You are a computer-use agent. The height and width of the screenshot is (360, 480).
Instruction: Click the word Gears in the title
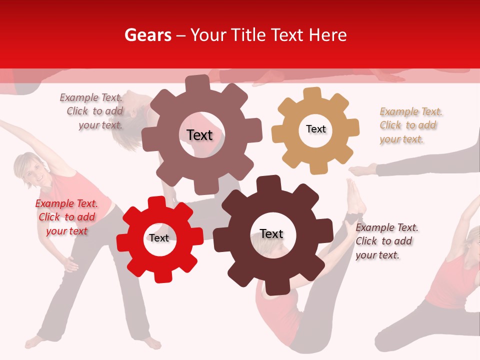147,34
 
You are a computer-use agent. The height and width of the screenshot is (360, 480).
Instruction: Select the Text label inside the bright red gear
159,238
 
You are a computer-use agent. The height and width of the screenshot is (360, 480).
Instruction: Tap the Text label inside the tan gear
315,129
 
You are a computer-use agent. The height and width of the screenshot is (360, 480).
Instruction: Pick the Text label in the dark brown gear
271,234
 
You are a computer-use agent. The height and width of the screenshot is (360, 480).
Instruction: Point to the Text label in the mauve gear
200,135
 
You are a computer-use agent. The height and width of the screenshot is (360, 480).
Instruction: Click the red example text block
66,217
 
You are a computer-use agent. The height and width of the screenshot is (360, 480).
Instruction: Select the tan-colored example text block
411,125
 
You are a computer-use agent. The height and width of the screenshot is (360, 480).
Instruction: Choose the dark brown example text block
386,241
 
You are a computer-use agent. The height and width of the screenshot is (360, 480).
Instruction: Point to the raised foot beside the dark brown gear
355,197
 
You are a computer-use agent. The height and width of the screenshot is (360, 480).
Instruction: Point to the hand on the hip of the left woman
68,262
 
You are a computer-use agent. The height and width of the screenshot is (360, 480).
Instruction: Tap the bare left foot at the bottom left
33,342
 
